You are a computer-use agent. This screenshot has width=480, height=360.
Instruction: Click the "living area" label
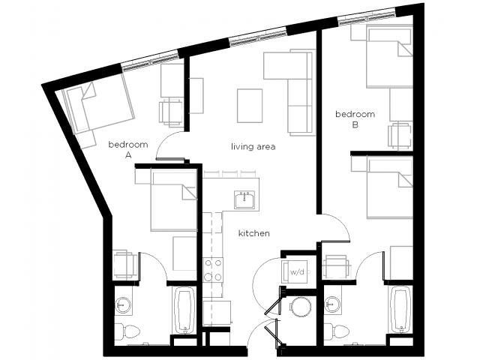253,147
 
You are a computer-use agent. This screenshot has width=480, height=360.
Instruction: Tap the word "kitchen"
254,233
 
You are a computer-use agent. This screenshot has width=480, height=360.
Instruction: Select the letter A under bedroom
128,155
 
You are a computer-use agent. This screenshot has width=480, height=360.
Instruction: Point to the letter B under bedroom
355,125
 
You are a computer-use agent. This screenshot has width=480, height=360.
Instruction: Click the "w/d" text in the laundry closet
297,271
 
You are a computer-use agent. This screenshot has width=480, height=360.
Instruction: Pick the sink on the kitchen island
244,199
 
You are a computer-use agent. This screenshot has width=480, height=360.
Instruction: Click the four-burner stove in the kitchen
213,270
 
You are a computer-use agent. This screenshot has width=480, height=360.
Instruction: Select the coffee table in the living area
250,106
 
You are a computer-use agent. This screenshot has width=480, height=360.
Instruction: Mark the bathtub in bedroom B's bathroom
401,310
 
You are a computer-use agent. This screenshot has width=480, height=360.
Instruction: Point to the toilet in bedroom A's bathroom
129,331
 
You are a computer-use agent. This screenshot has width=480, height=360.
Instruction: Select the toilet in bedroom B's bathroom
338,331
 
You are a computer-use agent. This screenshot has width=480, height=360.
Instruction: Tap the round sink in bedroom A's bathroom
123,305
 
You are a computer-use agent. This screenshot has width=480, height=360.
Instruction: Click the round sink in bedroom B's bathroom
333,304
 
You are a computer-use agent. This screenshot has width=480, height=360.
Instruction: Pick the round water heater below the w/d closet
301,307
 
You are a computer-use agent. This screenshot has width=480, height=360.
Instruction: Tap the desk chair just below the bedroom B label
400,136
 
